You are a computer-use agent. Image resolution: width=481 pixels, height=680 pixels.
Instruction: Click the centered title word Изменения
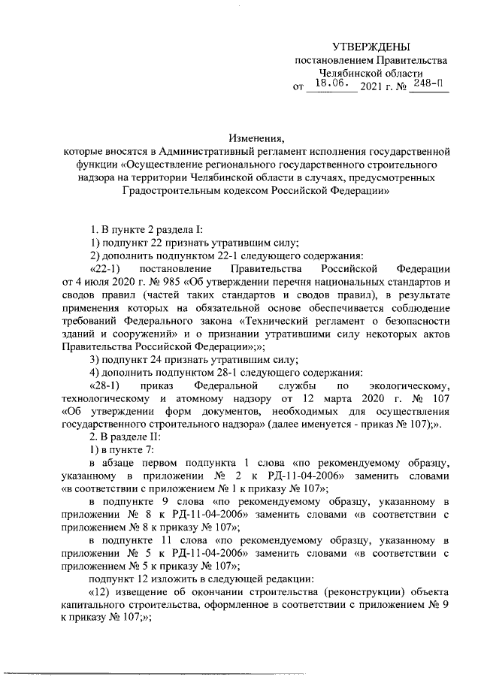256,138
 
